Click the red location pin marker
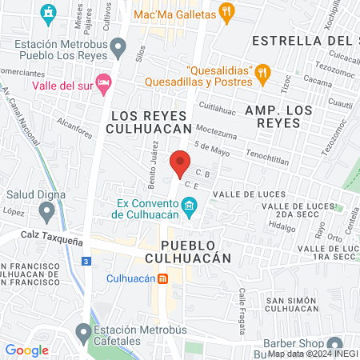tap(180, 162)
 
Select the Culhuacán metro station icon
tap(162, 278)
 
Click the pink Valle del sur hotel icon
tap(102, 83)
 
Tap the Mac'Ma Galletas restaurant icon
tap(228, 13)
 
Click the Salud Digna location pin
tap(47, 211)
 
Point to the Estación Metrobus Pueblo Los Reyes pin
tap(118, 49)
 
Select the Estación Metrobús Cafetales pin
tap(83, 331)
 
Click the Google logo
tap(26, 350)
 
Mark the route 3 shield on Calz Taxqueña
tap(86, 262)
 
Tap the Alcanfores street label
tap(76, 123)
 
